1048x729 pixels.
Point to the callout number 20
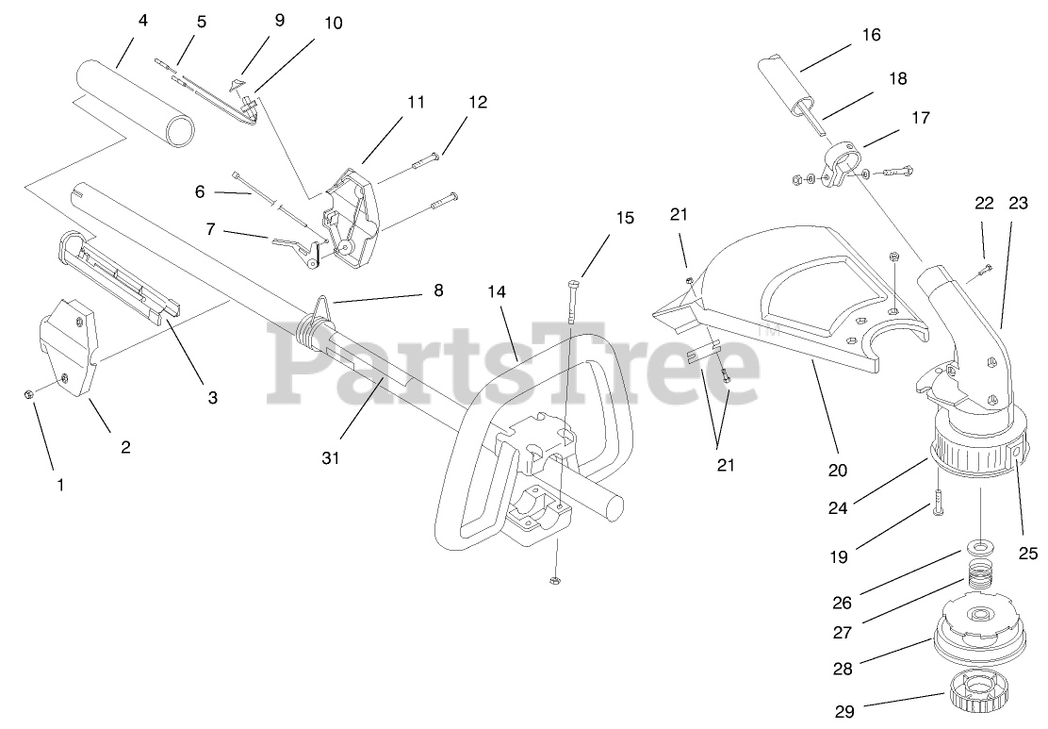pos(838,470)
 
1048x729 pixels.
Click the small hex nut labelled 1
pos(30,393)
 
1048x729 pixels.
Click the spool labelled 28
pos(981,634)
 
